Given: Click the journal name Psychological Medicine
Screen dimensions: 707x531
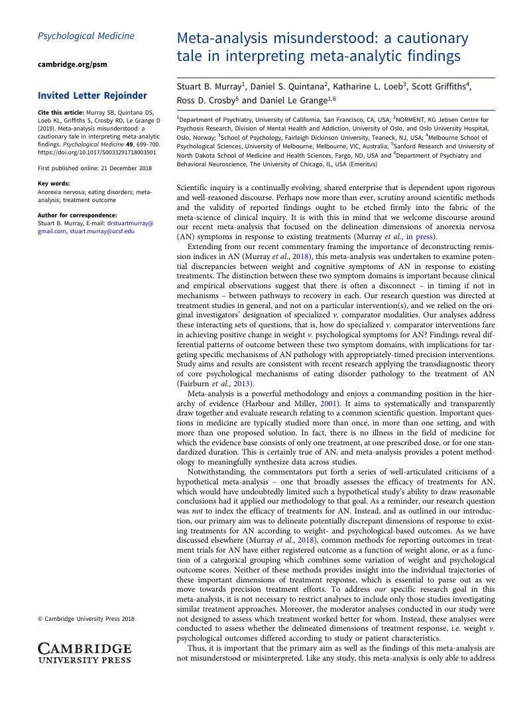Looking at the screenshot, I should [x=86, y=36].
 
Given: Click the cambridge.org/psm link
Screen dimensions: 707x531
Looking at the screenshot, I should [x=72, y=64].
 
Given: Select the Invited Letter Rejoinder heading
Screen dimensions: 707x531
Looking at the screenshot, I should [x=92, y=95].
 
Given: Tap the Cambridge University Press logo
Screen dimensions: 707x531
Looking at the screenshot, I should [x=84, y=652].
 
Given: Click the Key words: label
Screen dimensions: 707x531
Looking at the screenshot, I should [x=54, y=184].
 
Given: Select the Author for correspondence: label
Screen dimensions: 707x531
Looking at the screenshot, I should [x=77, y=215].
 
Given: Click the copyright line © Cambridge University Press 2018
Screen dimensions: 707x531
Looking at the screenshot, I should [x=86, y=619].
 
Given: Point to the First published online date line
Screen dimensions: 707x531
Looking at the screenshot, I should [x=94, y=168].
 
